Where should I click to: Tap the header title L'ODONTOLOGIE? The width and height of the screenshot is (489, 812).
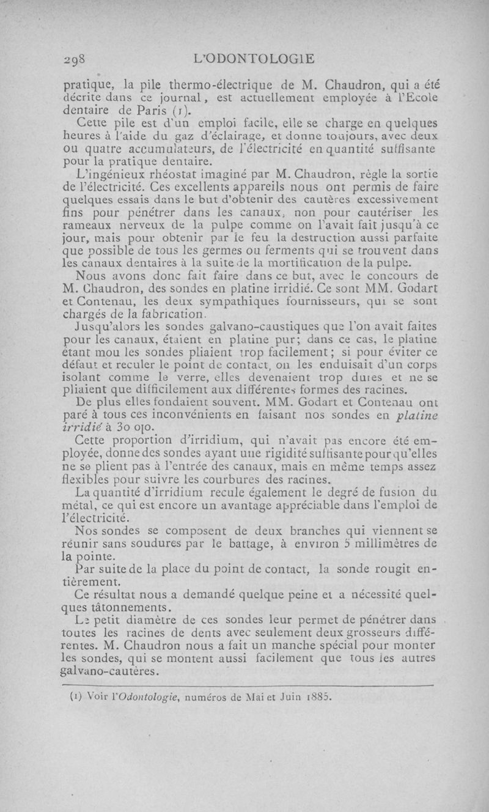252,59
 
